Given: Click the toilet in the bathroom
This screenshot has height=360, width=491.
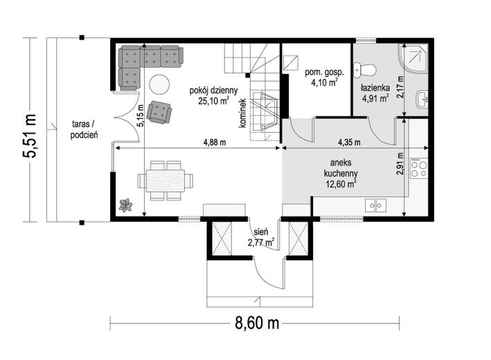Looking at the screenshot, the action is click(364, 70).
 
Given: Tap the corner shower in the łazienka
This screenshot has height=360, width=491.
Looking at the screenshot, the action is click(413, 59).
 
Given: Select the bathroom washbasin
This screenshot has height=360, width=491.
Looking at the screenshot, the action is click(422, 100).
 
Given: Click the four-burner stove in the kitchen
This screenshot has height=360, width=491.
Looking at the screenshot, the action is click(419, 168).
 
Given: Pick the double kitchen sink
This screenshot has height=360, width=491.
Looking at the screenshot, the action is click(375, 206).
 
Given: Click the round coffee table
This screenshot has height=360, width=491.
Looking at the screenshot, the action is click(159, 84).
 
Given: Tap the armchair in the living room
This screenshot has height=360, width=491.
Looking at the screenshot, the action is click(160, 112).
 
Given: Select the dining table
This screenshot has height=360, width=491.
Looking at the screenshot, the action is click(165, 181).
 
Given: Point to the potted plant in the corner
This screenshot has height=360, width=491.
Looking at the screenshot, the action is click(125, 205).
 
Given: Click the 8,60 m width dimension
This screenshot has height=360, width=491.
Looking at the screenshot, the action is click(257, 323).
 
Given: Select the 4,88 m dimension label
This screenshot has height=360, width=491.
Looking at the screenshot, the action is click(215, 143).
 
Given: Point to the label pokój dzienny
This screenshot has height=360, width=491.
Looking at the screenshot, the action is click(213, 91).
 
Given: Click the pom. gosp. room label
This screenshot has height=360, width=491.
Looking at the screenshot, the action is click(324, 73).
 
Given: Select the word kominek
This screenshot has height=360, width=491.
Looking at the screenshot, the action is click(242, 114).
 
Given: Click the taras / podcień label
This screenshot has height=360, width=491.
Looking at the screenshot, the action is click(84, 129).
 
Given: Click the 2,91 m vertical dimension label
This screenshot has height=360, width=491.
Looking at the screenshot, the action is click(400, 168).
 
